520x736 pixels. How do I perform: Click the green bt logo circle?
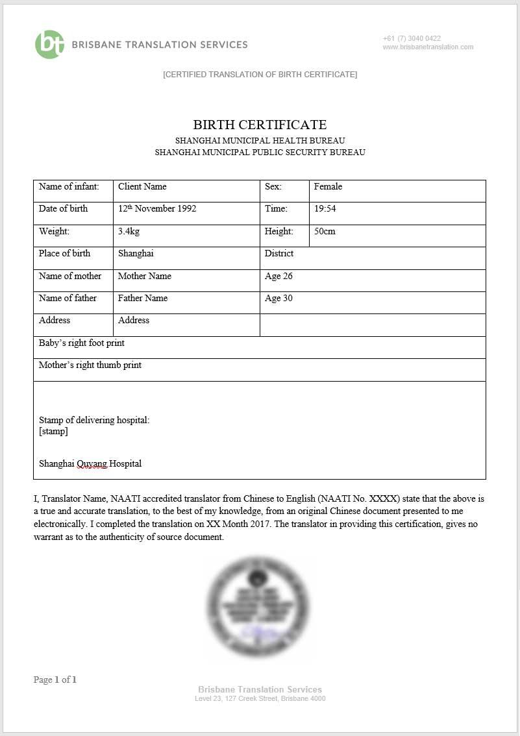pos(49,45)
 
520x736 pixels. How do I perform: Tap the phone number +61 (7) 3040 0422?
pos(412,38)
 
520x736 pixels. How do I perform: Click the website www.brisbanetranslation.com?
pos(428,47)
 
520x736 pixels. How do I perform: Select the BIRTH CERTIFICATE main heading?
pos(260,125)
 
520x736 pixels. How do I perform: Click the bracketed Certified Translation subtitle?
pos(260,75)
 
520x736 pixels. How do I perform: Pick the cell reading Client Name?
pos(142,187)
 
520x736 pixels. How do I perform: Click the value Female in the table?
pos(328,187)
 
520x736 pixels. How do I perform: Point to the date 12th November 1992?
pos(157,209)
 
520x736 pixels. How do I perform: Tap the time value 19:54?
pos(325,209)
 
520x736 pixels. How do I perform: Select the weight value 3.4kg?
pos(129,232)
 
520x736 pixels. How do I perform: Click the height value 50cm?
pos(325,232)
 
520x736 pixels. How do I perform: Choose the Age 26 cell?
pos(279,276)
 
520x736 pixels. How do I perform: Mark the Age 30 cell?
pos(279,299)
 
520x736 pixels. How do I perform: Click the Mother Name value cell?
pos(145,276)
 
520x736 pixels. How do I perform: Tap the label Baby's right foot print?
pos(82,343)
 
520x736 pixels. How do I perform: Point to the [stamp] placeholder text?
pos(53,431)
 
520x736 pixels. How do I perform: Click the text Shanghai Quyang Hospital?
pos(90,464)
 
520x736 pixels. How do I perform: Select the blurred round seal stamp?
pos(258,605)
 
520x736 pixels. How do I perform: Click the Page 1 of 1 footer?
pos(55,680)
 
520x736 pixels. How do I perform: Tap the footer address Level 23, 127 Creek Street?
pos(260,699)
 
